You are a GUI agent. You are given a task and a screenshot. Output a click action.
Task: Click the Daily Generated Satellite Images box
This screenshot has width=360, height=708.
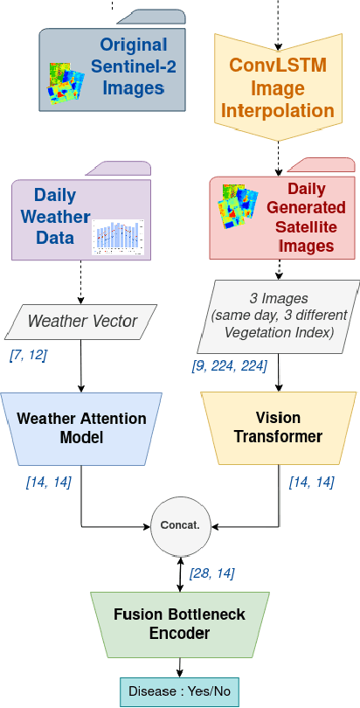point(281,219)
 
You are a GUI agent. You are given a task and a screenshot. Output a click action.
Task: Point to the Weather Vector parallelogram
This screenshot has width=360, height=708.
point(82,322)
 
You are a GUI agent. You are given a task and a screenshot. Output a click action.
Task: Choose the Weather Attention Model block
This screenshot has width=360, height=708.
point(80,427)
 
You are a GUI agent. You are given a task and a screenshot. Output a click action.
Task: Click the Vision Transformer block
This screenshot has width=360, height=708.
point(277,427)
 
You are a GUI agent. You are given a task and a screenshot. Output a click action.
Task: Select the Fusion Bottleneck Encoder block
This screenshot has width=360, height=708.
point(179,623)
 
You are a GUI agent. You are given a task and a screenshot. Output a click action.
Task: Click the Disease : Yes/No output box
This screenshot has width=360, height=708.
point(179,691)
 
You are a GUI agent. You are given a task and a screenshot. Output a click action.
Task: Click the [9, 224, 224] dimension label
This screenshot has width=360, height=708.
point(230,366)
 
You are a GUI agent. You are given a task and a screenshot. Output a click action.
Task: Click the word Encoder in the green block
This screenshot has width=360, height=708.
point(179,634)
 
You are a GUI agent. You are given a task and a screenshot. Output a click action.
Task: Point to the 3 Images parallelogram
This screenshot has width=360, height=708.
point(280,316)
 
